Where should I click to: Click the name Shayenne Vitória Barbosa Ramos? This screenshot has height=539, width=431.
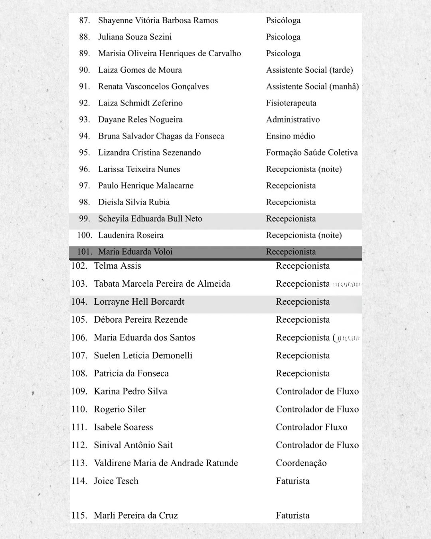pos(158,20)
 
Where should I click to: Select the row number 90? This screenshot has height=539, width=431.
pos(85,70)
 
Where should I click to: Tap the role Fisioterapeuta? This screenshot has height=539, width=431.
pos(291,103)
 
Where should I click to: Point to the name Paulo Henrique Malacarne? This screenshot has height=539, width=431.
pos(146,186)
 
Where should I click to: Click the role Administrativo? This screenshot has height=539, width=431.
pos(293,119)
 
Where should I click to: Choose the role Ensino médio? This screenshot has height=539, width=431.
pos(291,136)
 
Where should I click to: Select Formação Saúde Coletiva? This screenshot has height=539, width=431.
pos(312,153)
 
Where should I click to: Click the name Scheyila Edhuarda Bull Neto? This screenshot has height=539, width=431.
pos(150,219)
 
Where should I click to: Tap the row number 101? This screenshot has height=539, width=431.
pos(85,252)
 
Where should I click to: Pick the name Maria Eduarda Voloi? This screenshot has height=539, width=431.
pos(135,252)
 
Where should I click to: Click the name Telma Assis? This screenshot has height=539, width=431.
pos(117,266)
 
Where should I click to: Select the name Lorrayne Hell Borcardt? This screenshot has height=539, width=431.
pos(139,302)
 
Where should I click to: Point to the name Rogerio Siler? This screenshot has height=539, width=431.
pos(120,409)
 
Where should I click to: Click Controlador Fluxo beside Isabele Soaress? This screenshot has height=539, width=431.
pos(311,427)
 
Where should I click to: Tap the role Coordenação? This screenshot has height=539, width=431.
pos(301,463)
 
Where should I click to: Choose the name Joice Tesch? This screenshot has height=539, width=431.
pos(116,481)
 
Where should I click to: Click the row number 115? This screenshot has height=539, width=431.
pos(79,515)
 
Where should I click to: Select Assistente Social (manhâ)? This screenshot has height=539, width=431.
pos(312,87)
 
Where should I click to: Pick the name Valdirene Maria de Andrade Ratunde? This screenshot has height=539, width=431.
pos(166,463)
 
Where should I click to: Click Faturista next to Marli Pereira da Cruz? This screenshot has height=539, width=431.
pos(293,515)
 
